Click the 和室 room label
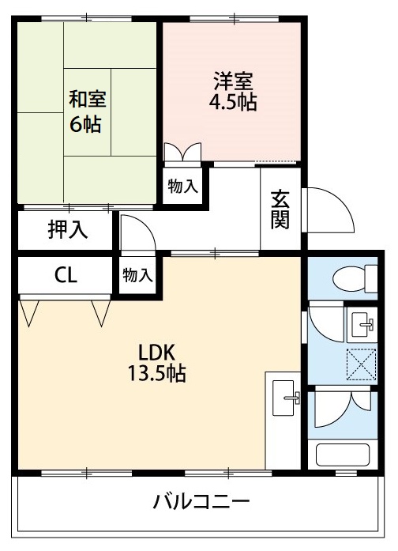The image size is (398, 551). (88, 100)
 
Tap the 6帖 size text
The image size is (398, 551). (88, 124)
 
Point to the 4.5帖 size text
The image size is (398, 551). (233, 103)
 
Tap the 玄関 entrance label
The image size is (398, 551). (280, 209)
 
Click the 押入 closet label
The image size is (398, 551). (68, 231)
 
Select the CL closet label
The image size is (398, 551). (66, 275)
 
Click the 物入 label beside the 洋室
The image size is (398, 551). (182, 187)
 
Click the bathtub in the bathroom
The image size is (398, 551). (343, 455)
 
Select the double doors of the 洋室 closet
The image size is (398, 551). (182, 153)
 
